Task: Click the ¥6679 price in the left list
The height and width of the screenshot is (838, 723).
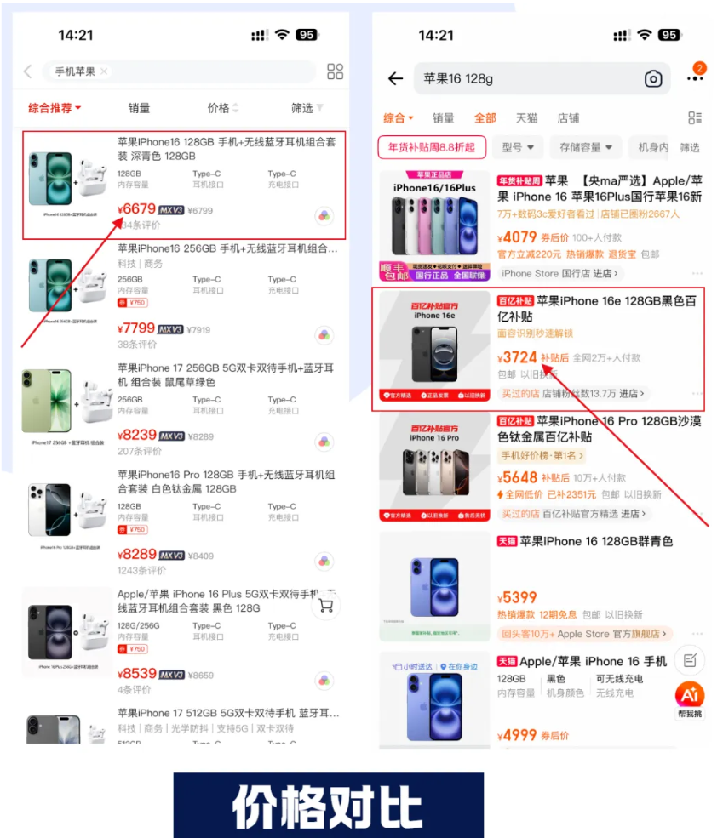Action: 137,209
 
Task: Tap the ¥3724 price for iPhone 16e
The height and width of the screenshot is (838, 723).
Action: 516,358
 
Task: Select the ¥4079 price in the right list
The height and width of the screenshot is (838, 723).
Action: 516,237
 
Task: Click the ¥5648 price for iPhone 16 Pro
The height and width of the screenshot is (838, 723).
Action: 517,477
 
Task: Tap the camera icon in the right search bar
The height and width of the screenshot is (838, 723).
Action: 653,79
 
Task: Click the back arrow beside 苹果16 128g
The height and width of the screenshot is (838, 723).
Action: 395,79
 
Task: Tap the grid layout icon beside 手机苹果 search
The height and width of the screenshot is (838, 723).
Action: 335,71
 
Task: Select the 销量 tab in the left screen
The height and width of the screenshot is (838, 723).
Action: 139,108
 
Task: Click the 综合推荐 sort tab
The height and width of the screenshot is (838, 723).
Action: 55,108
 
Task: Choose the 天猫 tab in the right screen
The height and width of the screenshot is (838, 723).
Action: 527,118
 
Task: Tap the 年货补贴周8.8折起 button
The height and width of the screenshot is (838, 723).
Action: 432,147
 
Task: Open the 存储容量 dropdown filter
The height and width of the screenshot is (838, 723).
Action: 586,147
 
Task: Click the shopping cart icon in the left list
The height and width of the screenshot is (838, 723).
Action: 325,605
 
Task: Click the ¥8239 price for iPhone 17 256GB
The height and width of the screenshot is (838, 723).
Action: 137,435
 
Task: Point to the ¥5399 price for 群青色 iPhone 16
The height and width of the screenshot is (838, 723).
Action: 517,598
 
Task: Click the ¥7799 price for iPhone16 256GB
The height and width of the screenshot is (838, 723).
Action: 137,328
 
